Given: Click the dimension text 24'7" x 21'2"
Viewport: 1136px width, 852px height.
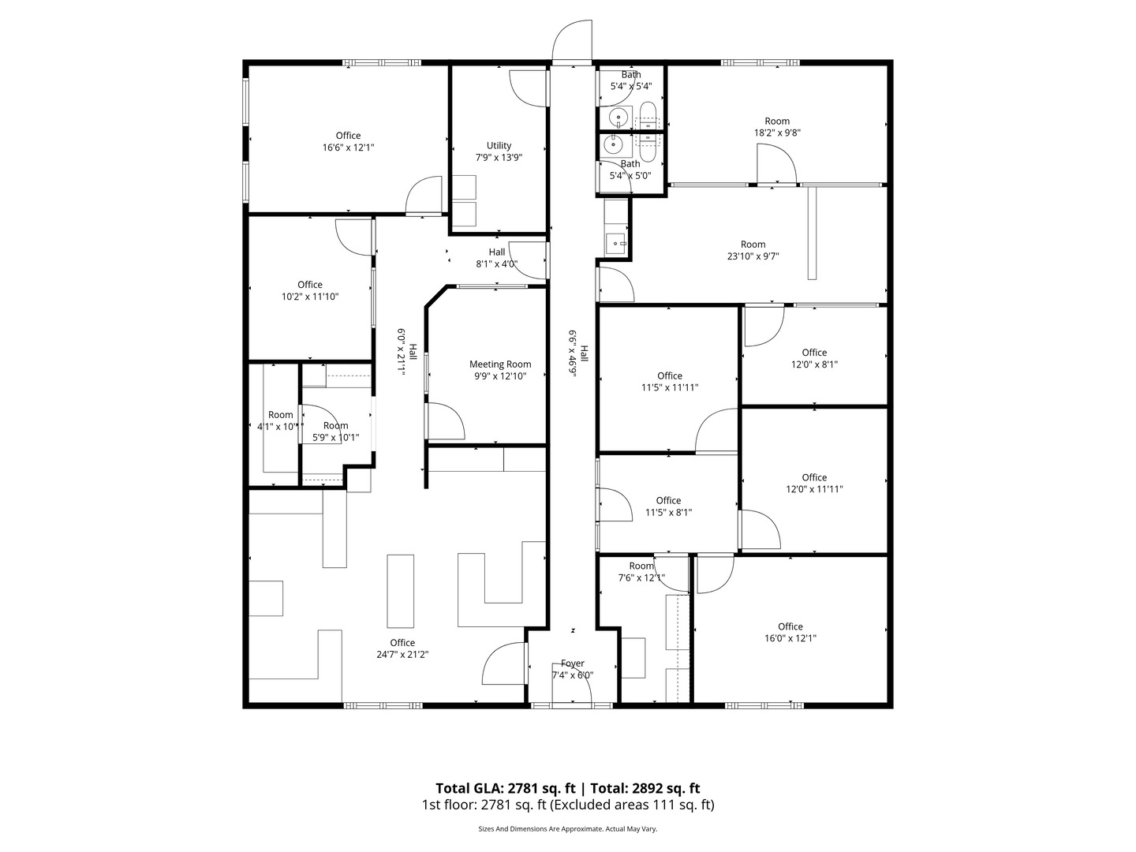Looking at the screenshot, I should [402, 654].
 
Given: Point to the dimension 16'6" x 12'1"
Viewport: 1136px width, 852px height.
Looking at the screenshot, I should [348, 148].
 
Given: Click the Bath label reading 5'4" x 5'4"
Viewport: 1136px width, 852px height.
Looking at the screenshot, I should [631, 80].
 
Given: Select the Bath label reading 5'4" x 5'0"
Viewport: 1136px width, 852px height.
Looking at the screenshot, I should [630, 170].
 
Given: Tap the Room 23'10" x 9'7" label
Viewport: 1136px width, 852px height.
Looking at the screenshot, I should [753, 250].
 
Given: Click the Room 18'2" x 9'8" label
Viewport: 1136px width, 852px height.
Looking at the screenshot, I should [777, 127].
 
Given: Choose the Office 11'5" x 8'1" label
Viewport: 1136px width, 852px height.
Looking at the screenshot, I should [668, 506].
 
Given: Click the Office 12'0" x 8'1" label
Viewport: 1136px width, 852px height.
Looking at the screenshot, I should [814, 358].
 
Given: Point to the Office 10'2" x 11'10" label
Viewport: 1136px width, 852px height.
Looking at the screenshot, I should [310, 290].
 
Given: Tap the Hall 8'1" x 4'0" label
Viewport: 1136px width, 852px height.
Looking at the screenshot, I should [496, 258].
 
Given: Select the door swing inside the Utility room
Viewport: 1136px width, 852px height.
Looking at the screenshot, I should [527, 88].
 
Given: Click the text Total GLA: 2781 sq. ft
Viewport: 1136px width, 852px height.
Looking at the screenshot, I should [507, 788].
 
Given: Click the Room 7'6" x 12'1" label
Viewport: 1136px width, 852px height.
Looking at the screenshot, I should [641, 572].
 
